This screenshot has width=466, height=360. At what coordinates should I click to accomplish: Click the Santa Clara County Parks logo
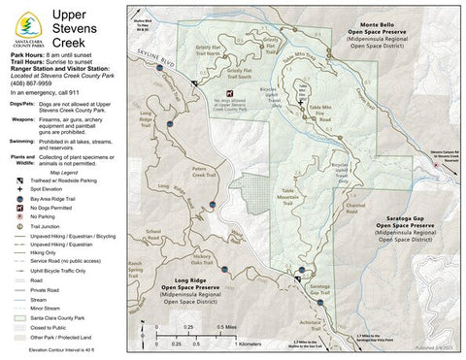(x=23, y=25)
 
